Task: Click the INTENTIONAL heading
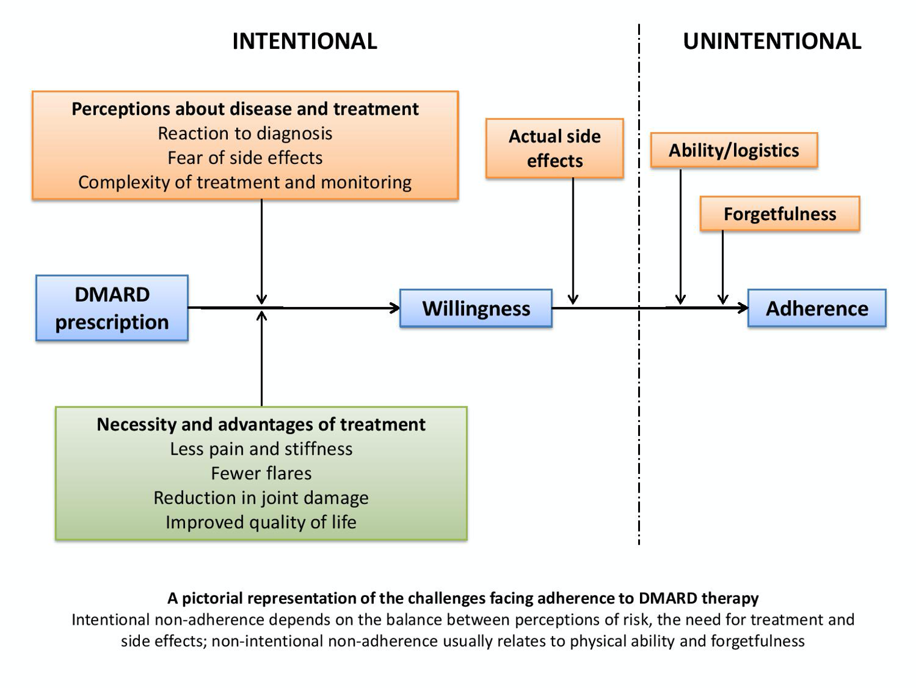pos(304,41)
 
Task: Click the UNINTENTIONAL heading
pos(772,41)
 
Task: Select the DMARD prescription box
pos(112,308)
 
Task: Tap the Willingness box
pos(476,309)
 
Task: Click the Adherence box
pos(817,309)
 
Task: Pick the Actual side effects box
pos(554,148)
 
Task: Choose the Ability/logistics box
pos(733,150)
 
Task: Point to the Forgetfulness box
pos(780,214)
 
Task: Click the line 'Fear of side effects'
pos(245,158)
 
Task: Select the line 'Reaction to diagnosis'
pos(245,133)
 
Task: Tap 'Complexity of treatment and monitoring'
pos(245,182)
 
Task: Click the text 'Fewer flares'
pos(261,473)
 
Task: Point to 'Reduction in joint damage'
pos(261,498)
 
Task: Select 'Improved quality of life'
pos(261,522)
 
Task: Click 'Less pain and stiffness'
pos(261,449)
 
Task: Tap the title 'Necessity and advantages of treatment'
pos(261,424)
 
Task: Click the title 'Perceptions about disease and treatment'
pos(245,109)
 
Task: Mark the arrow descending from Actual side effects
pos(573,241)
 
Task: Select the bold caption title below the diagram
pos(463,598)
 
